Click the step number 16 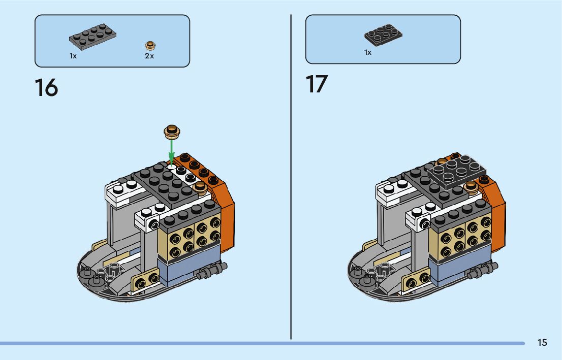(x=46, y=88)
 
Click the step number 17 (x=317, y=84)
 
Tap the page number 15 (x=542, y=343)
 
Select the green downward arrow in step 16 (x=172, y=151)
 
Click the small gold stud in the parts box (x=149, y=45)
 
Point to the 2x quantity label (x=149, y=56)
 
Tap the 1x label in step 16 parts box (x=73, y=56)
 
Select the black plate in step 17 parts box (x=383, y=34)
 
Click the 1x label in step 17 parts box (x=368, y=52)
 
